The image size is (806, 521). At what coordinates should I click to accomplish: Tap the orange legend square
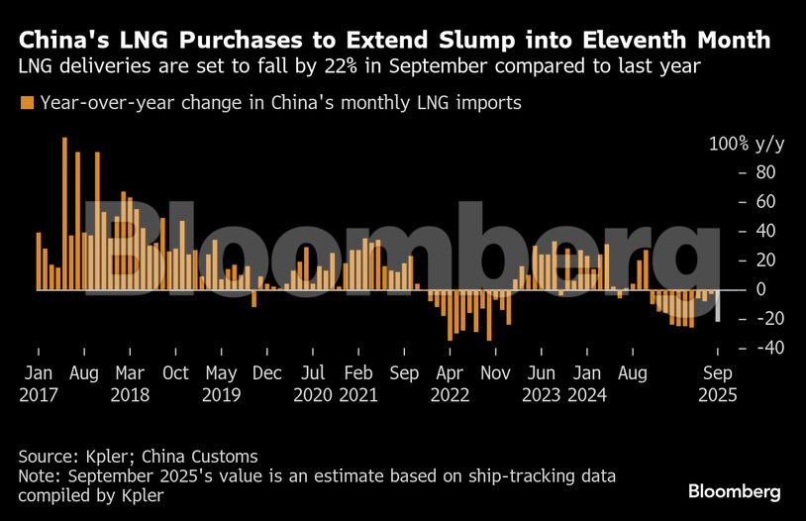coord(27,103)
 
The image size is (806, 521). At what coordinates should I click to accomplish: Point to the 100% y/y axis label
coord(747,144)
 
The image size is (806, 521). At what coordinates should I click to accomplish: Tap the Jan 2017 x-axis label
coord(38,383)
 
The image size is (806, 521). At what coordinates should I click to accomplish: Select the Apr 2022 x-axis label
coord(452,383)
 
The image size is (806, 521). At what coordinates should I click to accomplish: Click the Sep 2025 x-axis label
coord(718,383)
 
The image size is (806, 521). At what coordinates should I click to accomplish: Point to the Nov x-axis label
coord(497,373)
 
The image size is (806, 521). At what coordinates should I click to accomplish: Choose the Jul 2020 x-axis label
coord(313,383)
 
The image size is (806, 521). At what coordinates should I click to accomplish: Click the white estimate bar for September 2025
coord(718,305)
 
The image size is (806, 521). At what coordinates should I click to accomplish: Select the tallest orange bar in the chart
coord(64,213)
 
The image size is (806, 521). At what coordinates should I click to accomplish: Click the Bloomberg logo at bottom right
coord(735,492)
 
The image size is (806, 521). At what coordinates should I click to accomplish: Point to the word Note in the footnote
coord(38,475)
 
